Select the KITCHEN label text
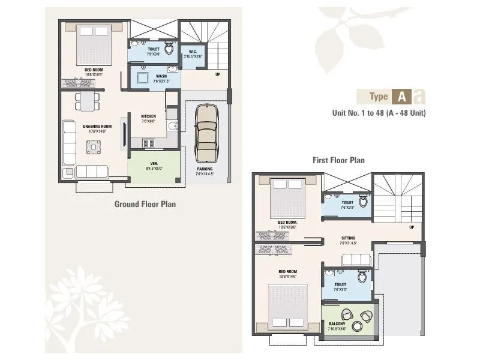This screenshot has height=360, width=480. pos(148,116)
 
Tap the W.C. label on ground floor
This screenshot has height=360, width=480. pos(193,51)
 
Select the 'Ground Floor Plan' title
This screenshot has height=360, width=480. pos(145,204)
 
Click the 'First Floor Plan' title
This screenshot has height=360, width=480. pos(338,160)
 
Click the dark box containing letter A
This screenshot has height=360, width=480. pos(401,96)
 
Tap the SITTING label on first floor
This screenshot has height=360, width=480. pos(349,238)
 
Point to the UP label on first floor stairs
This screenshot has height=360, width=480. pos(411,227)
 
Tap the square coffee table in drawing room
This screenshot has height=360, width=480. pos(93,145)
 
